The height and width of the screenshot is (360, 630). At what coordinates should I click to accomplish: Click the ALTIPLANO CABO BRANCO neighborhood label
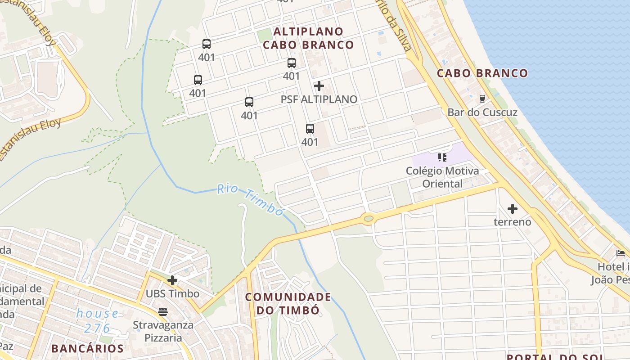[308, 38]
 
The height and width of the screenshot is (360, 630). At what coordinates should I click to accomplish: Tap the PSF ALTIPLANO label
[319, 99]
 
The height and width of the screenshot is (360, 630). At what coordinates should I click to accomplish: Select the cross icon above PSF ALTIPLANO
[319, 85]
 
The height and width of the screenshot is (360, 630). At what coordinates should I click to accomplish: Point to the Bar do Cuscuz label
[482, 112]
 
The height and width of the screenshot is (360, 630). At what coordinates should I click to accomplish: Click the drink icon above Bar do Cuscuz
[482, 98]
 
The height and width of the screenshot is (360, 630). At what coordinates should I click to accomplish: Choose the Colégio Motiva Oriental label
[442, 177]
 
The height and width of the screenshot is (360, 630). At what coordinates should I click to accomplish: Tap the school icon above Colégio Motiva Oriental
[442, 157]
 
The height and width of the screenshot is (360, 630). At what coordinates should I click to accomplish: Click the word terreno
[512, 222]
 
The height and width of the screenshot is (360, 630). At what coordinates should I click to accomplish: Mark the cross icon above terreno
[512, 209]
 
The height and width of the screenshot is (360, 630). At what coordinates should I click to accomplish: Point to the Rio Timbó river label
[250, 199]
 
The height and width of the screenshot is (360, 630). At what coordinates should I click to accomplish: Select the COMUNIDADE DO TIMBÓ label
[288, 303]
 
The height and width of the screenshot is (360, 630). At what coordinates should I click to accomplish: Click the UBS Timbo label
[172, 294]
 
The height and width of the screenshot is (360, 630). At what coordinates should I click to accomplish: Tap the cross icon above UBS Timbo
[172, 280]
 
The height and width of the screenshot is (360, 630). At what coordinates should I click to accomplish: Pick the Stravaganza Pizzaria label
[163, 331]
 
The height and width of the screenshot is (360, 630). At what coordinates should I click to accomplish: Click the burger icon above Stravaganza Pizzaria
[163, 311]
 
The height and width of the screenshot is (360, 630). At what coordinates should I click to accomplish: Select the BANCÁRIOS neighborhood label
[87, 348]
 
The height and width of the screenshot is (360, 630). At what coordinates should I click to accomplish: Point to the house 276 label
[98, 320]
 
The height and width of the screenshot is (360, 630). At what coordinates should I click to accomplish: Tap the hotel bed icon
[621, 253]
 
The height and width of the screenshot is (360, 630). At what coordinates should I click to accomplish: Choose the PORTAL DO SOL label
[554, 357]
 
